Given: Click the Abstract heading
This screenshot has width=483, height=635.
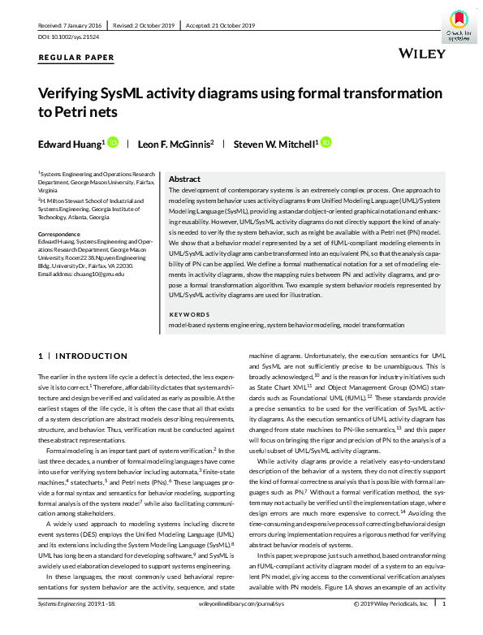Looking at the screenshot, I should tap(184, 179).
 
